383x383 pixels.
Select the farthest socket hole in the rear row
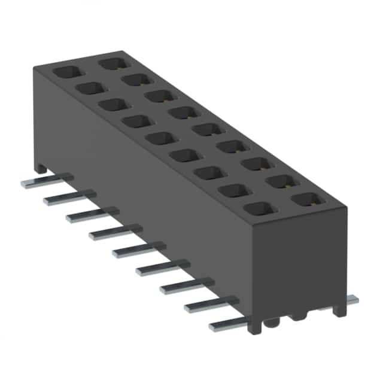(x=111, y=62)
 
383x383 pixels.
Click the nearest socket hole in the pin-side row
(x=256, y=209)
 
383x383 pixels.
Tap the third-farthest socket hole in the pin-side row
(x=110, y=104)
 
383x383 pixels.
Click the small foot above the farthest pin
(x=41, y=168)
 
